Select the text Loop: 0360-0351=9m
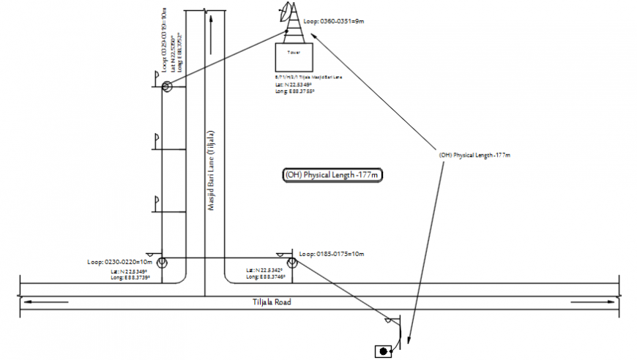(333, 22)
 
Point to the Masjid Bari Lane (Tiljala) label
(210, 170)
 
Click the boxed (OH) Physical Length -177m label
(333, 175)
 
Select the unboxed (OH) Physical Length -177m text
(474, 155)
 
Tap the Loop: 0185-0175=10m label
(331, 254)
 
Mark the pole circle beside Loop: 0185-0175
(291, 262)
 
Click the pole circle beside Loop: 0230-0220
(163, 262)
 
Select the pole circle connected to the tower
(167, 87)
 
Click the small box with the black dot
(382, 351)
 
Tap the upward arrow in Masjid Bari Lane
(211, 29)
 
